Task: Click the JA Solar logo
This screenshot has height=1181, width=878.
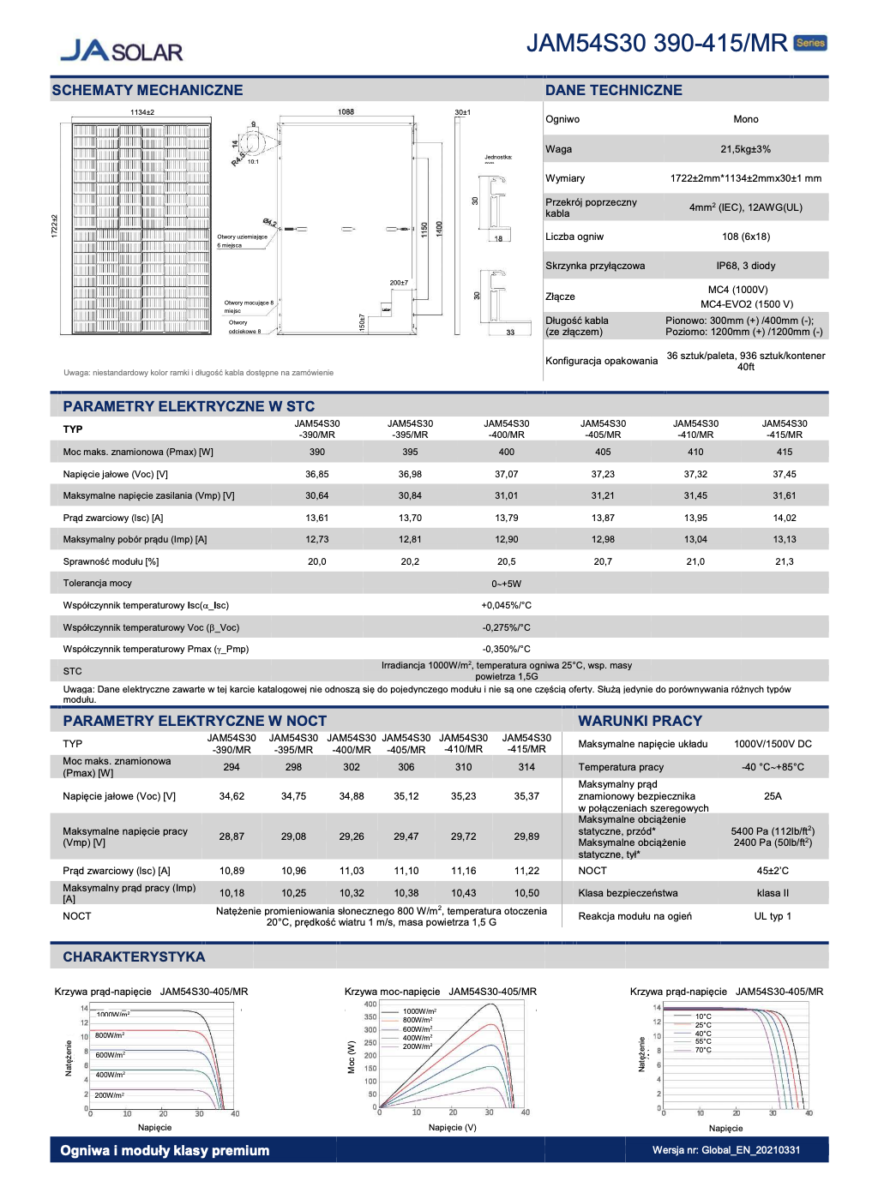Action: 121,51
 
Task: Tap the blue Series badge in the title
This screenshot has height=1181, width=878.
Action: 810,43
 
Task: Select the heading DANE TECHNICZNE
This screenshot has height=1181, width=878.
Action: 614,90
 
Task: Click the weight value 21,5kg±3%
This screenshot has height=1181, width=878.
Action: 745,149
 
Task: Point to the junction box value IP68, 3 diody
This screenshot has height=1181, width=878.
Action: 745,266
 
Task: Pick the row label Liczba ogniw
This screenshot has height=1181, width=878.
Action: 574,237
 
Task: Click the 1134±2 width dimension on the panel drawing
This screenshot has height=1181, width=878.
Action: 142,112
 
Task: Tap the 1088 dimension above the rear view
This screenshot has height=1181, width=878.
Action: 346,111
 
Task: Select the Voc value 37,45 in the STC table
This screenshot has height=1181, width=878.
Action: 784,474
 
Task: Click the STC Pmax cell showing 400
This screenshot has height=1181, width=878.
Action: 506,452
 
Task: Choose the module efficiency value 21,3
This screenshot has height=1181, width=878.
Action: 784,561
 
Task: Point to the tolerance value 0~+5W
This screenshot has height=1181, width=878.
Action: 506,584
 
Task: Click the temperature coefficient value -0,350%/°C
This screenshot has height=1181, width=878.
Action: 506,649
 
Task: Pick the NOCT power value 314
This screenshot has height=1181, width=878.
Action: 526,767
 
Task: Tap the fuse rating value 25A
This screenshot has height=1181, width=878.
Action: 773,796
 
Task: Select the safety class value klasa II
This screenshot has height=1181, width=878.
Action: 773,893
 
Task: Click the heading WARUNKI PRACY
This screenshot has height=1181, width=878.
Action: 640,721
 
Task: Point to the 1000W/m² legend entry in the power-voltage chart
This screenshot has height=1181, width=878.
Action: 419,1011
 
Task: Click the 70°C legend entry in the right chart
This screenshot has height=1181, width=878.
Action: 703,1050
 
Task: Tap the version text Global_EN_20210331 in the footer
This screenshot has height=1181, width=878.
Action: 750,1150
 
